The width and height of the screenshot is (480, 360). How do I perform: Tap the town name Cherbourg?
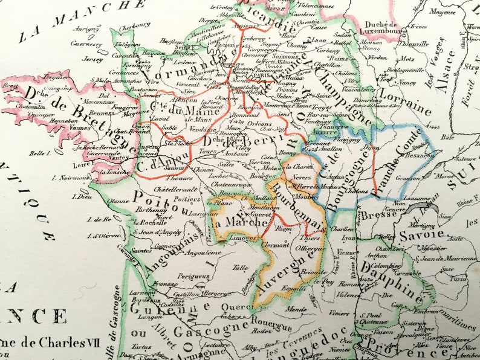pos(134,25)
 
